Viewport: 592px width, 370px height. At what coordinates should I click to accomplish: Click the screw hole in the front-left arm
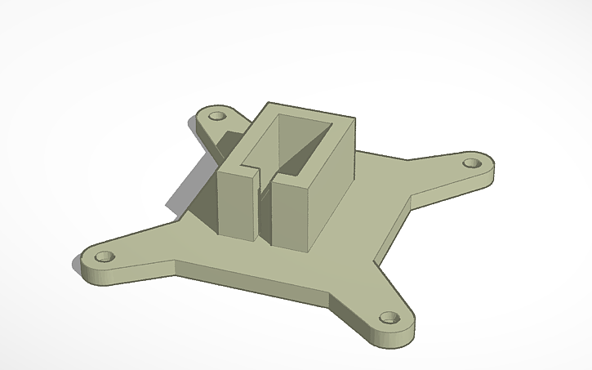click(103, 256)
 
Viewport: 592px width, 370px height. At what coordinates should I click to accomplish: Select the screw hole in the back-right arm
click(471, 163)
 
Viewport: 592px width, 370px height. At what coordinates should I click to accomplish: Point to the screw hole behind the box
click(217, 116)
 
